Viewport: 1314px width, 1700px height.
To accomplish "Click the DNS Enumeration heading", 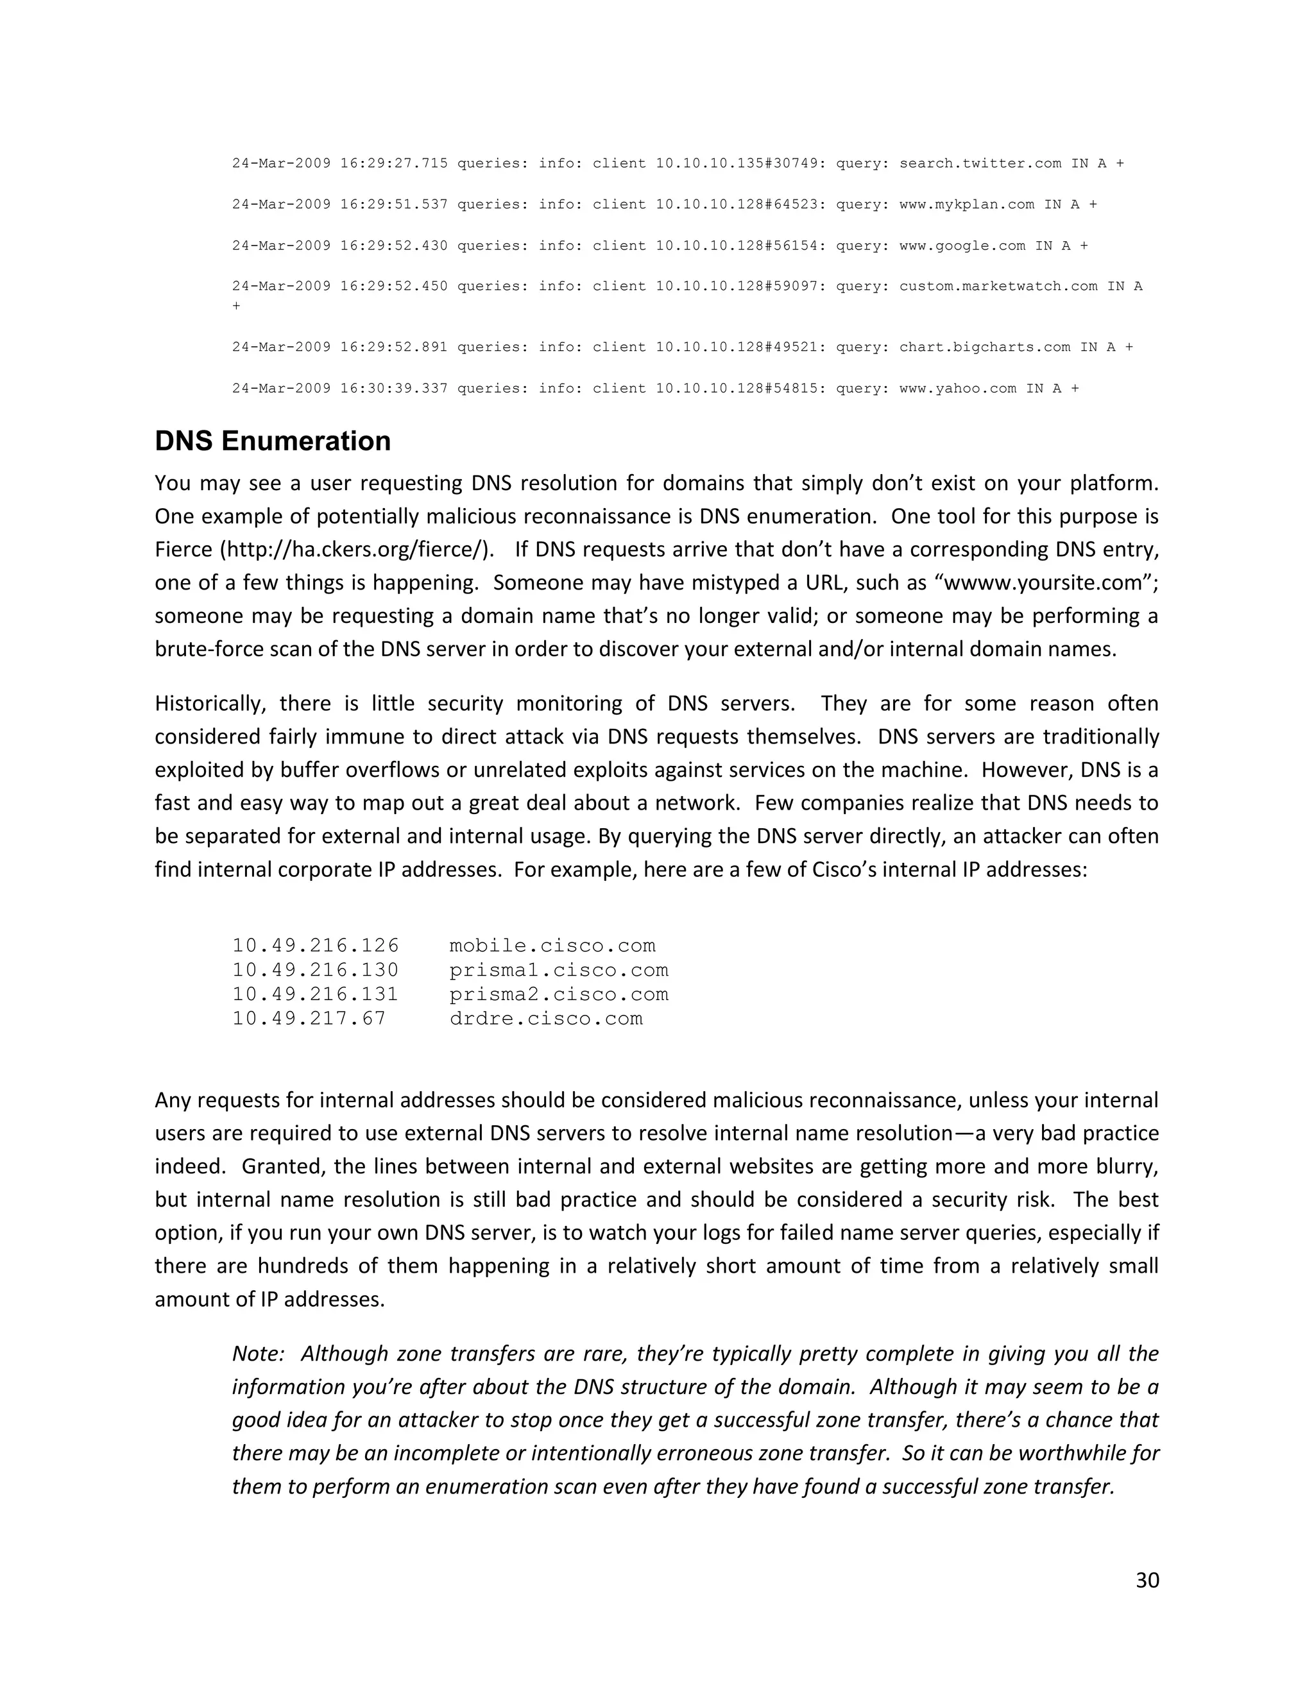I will (x=273, y=441).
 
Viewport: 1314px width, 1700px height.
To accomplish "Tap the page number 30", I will (x=1147, y=1580).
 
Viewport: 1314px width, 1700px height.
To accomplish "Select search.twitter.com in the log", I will (x=980, y=164).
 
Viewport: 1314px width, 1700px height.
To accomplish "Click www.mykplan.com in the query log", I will (x=966, y=205).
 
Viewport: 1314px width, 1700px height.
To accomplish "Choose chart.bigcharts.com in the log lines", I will (x=985, y=347).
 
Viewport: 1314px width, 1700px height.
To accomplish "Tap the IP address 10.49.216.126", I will (x=315, y=946).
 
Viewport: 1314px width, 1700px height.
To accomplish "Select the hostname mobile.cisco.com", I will (x=552, y=946).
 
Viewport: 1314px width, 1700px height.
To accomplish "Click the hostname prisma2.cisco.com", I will (x=558, y=994).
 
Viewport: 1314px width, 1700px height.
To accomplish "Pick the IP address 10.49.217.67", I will (x=309, y=1018).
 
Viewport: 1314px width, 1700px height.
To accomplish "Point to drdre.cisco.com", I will (x=546, y=1018).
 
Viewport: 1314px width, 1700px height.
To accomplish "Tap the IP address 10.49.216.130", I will (x=315, y=970).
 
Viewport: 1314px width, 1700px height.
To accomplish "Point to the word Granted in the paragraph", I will (x=278, y=1167).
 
